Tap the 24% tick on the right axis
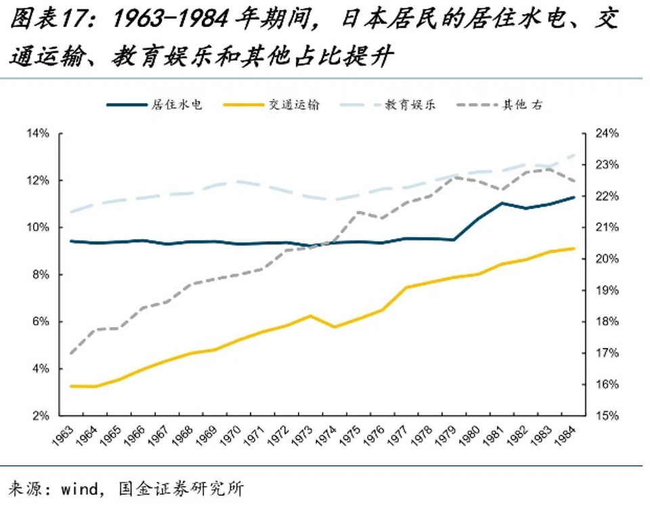[x=607, y=134]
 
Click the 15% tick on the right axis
[x=607, y=416]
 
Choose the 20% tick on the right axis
[x=607, y=259]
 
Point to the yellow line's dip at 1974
[x=334, y=327]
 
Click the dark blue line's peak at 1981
[x=502, y=203]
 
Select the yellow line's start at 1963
[x=70, y=386]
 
